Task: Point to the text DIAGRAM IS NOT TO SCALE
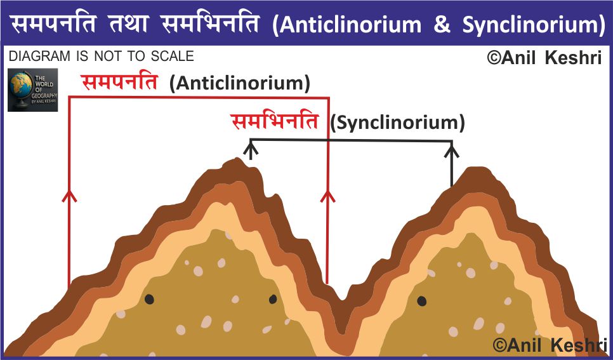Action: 102,57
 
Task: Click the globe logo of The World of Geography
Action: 32,90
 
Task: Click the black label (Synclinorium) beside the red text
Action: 397,123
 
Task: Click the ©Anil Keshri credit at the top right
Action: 543,58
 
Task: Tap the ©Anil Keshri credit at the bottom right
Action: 549,345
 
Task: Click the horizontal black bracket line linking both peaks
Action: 352,140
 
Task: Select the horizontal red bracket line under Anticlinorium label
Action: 198,97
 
